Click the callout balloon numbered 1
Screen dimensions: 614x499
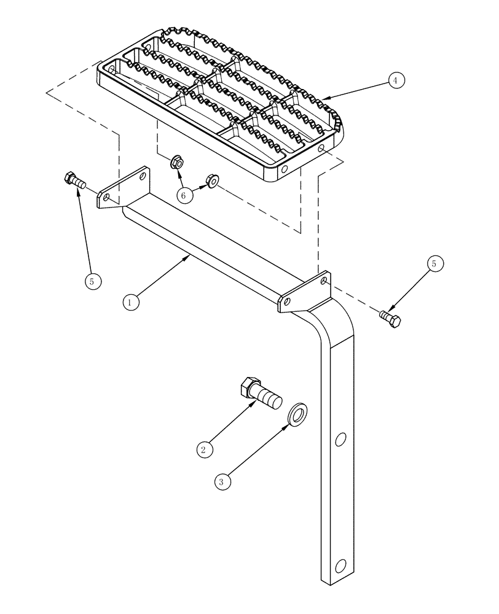[129, 301]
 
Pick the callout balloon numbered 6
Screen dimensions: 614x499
[183, 195]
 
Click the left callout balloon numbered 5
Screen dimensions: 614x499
[92, 281]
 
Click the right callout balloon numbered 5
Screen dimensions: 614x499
[434, 263]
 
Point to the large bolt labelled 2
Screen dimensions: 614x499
[259, 394]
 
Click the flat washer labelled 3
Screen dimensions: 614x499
[297, 414]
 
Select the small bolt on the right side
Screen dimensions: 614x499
[390, 318]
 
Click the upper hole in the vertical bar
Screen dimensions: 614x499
[340, 439]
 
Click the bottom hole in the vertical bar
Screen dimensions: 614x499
[340, 565]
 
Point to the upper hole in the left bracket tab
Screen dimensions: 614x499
[142, 176]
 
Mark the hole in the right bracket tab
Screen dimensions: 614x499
[324, 282]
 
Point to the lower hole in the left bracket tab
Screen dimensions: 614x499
[107, 198]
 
